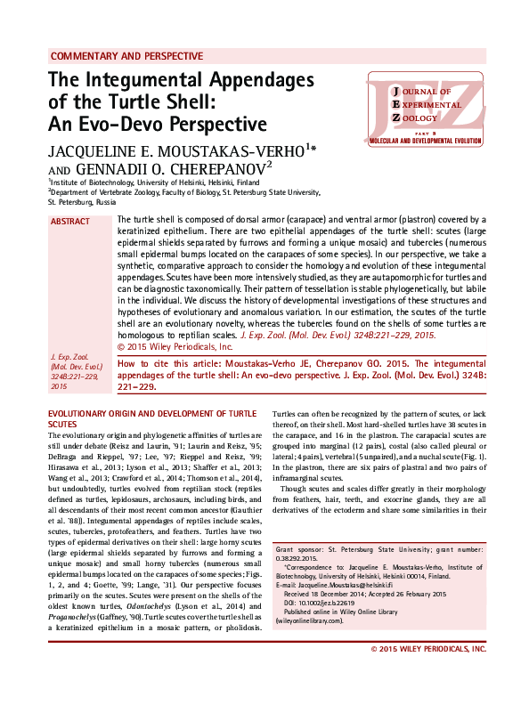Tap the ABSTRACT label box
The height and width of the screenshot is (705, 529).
[x=70, y=222]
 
